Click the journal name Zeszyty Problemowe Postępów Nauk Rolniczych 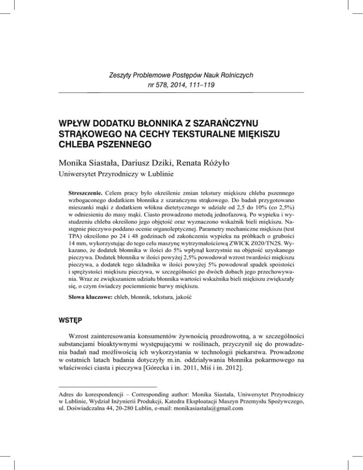point(181,75)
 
